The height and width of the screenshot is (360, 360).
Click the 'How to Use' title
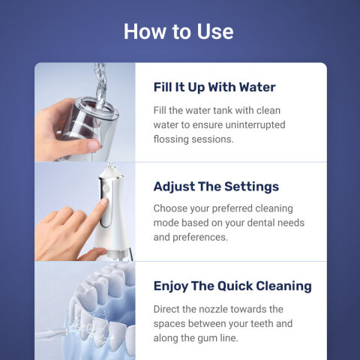(178, 31)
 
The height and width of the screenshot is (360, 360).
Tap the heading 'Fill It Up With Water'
(214, 87)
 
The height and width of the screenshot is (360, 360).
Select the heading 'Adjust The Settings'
(216, 187)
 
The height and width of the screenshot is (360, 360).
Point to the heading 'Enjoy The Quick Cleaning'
(232, 286)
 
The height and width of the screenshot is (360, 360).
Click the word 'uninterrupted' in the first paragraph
(255, 124)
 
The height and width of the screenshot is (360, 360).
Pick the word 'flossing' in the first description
(171, 139)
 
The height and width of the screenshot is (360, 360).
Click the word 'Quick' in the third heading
(235, 286)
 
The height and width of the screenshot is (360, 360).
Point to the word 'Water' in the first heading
(257, 87)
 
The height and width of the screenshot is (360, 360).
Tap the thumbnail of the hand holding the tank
(85, 112)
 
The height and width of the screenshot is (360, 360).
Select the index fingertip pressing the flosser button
(104, 202)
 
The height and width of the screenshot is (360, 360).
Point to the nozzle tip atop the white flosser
(110, 166)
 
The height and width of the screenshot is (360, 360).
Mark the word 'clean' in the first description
(268, 110)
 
